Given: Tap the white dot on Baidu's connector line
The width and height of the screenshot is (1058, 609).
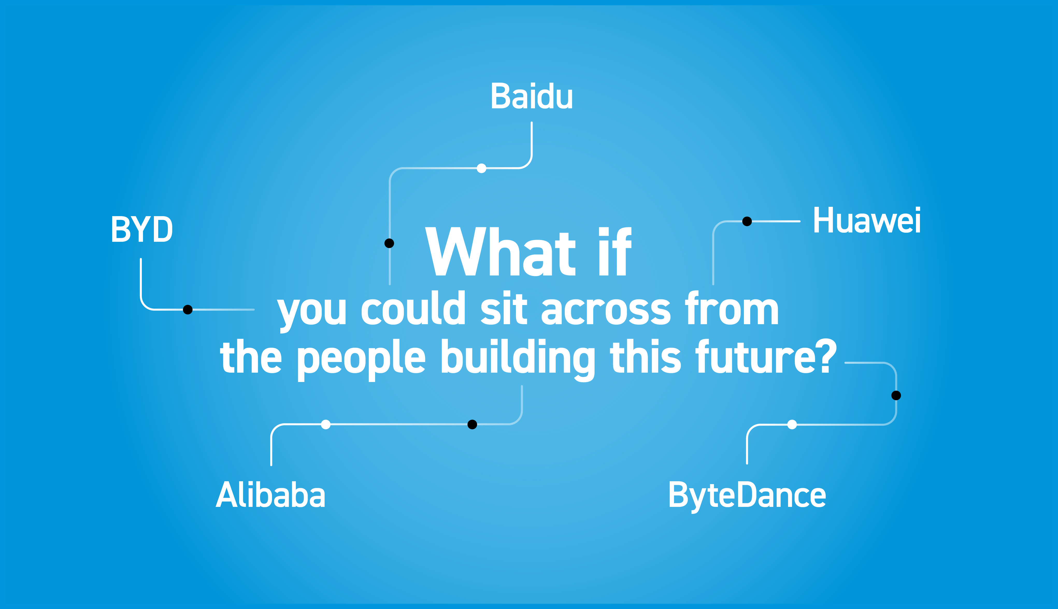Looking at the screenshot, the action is (x=482, y=168).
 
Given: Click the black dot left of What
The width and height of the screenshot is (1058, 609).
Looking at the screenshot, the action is (x=389, y=243).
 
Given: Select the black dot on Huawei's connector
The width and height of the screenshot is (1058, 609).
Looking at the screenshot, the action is (x=747, y=221).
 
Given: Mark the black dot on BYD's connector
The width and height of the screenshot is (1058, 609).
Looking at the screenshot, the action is (x=188, y=309).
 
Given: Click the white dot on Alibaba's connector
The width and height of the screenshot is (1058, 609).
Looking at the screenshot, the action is (x=326, y=424).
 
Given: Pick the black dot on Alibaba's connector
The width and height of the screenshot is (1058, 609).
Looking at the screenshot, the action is (x=472, y=424).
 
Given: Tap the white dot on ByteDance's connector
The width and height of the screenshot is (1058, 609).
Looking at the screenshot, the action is (x=792, y=424).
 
